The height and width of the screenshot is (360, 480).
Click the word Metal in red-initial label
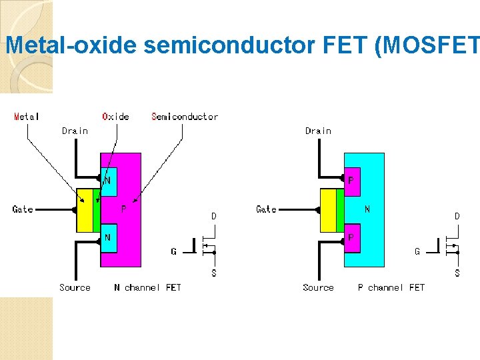tap(27, 117)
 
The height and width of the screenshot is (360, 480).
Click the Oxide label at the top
tap(115, 117)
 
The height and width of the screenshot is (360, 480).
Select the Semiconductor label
tap(185, 117)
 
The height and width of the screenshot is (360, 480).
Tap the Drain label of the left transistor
tap(75, 131)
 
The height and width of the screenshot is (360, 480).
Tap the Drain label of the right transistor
tap(318, 131)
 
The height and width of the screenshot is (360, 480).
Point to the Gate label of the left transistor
tap(23, 209)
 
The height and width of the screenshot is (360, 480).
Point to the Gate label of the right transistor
tap(266, 209)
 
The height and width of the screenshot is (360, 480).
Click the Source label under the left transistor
tap(75, 287)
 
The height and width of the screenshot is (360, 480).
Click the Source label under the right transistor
tap(318, 287)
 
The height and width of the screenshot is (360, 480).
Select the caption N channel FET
tap(147, 287)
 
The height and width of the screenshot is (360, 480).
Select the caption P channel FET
tap(391, 287)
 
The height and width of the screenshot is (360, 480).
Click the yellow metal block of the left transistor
tap(85, 210)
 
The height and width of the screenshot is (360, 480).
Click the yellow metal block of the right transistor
tap(328, 210)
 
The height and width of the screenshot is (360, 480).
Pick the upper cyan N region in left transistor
tap(109, 179)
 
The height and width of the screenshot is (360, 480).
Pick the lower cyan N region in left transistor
tap(109, 238)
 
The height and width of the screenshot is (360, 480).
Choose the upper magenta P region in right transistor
tap(352, 179)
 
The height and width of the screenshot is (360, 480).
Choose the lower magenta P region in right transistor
tap(352, 238)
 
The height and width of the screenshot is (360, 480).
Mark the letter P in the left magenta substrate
tap(124, 209)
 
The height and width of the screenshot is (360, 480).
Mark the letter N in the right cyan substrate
tap(367, 209)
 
